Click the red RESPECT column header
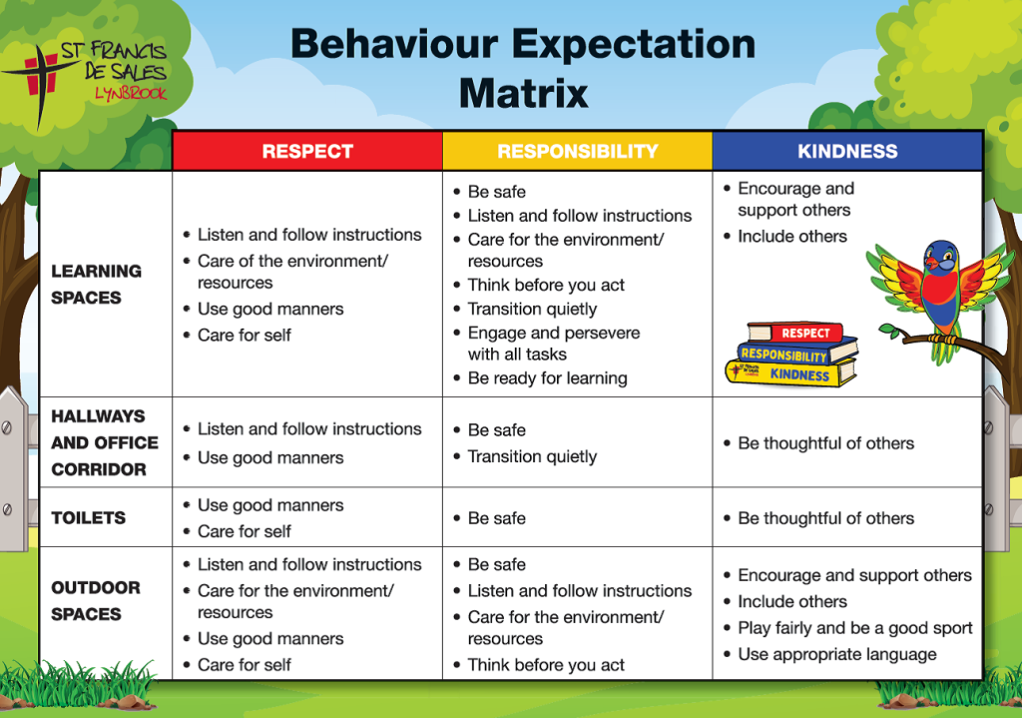click(x=307, y=152)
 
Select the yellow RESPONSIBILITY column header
click(x=577, y=152)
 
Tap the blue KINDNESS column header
click(x=847, y=152)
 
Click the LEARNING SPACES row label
click(x=96, y=284)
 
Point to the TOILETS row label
click(x=89, y=517)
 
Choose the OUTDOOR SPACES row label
click(x=96, y=600)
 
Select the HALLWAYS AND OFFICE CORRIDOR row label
click(x=105, y=442)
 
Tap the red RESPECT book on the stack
click(x=803, y=334)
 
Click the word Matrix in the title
click(x=523, y=94)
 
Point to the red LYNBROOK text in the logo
click(x=131, y=93)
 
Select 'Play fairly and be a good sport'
click(x=855, y=628)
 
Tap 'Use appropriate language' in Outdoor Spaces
click(x=837, y=654)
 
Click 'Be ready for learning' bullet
click(x=547, y=378)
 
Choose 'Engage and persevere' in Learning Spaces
click(x=554, y=333)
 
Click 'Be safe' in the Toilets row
click(x=496, y=518)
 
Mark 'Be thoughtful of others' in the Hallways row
click(x=825, y=443)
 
